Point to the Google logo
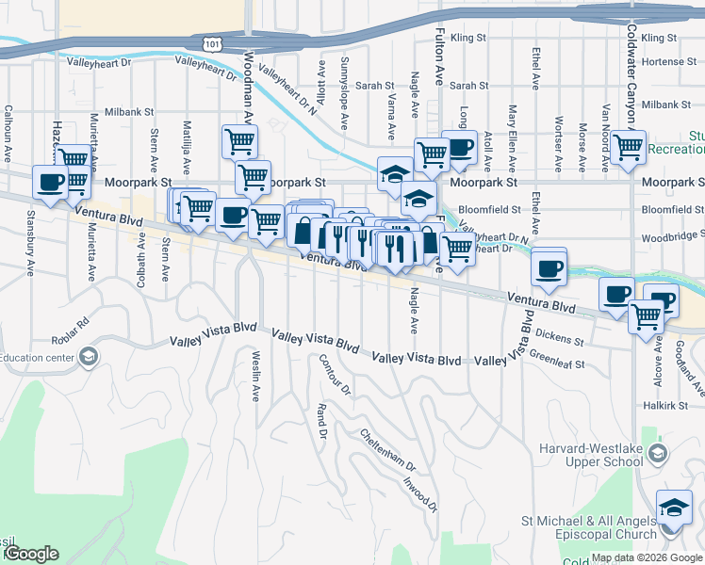tap(31, 554)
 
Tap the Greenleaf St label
tap(557, 360)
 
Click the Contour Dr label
tap(334, 375)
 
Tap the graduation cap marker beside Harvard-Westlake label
tap(656, 456)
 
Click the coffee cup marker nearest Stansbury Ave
tap(50, 183)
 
